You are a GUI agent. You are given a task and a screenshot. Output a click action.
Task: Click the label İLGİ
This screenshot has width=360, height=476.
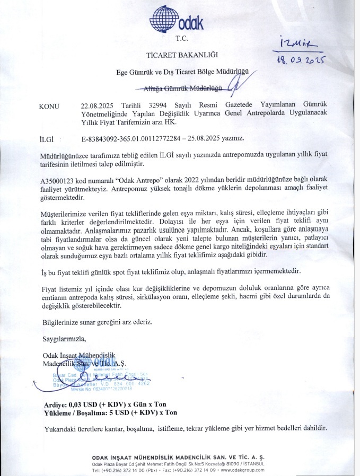pyautogui.click(x=48, y=139)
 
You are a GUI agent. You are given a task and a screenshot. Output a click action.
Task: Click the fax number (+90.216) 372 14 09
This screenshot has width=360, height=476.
pyautogui.click(x=190, y=470)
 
